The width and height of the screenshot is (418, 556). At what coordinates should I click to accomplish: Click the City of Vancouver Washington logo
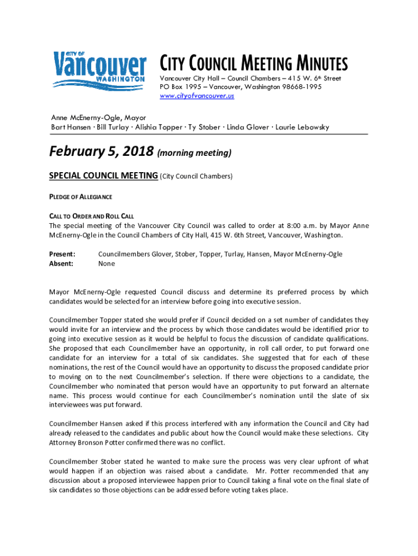click(x=99, y=69)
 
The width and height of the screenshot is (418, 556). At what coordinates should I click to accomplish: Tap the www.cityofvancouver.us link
click(x=197, y=96)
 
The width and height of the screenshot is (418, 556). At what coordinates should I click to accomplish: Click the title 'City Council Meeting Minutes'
click(x=253, y=64)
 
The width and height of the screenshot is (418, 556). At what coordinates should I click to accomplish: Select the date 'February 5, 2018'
click(x=101, y=151)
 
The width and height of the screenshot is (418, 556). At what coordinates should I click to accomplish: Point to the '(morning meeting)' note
click(x=194, y=153)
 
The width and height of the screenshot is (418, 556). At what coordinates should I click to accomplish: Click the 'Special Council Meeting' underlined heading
click(x=104, y=176)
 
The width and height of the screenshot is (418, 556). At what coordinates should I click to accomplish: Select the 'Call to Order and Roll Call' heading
click(x=91, y=216)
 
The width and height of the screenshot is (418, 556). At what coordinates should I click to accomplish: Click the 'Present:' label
click(x=62, y=254)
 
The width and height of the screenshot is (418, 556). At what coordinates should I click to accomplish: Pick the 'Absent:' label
click(x=61, y=263)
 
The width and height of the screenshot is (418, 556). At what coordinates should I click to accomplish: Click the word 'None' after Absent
click(x=106, y=263)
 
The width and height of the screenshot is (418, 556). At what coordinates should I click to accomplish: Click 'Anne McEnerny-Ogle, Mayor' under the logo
click(x=98, y=117)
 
